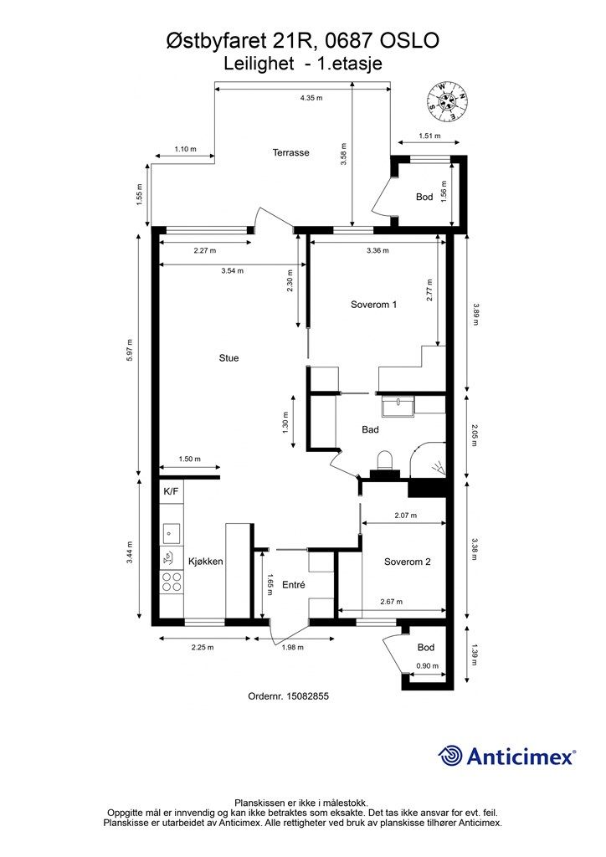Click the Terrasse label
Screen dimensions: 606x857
click(x=290, y=153)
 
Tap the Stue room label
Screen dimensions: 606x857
click(x=229, y=358)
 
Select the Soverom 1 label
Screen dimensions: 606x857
click(x=373, y=305)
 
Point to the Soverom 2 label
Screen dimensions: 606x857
click(x=407, y=562)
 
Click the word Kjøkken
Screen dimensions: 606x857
click(x=205, y=562)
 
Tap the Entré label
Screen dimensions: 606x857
click(x=294, y=585)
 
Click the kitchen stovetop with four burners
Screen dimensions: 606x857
click(x=171, y=582)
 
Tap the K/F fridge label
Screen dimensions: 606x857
click(x=171, y=491)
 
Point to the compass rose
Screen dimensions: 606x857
click(x=448, y=101)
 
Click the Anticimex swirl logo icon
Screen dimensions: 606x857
click(x=450, y=756)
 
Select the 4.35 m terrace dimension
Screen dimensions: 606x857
click(x=311, y=99)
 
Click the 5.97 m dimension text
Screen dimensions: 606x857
click(x=130, y=351)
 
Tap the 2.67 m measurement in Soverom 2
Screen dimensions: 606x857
click(x=391, y=602)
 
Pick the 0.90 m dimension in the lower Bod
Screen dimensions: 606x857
click(x=428, y=665)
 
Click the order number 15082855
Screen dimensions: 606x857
click(x=308, y=696)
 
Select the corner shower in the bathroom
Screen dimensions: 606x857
click(x=428, y=461)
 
